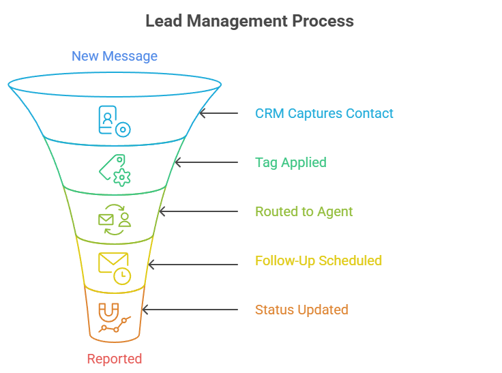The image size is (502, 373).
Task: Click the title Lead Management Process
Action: pos(250,21)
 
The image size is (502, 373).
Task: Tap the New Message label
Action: pos(115,57)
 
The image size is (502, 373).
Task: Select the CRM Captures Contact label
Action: pos(324,114)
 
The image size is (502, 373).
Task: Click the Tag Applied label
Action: pos(291,163)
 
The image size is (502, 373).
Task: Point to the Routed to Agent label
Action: pos(304,211)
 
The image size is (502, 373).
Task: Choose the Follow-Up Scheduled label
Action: pos(319,260)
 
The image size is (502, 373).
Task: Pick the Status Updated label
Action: pos(301,310)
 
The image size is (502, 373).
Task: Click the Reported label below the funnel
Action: pos(115,359)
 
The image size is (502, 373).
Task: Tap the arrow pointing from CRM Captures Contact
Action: pos(219,113)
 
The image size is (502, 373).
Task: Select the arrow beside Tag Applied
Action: pos(207,162)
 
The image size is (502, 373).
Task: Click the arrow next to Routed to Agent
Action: pos(198,211)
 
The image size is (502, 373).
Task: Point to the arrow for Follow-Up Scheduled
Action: pos(193,265)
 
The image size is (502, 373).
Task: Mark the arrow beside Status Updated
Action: pos(190,310)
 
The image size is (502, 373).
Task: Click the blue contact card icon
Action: pos(107,120)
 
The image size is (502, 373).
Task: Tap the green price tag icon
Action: pos(110,166)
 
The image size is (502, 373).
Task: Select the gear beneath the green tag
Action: pos(122,177)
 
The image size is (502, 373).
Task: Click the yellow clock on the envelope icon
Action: pos(122,276)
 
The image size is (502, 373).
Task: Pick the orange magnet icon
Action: pos(108,312)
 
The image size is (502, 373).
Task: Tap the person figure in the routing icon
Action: pos(125,220)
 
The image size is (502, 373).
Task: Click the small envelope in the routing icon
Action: pos(106,220)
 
